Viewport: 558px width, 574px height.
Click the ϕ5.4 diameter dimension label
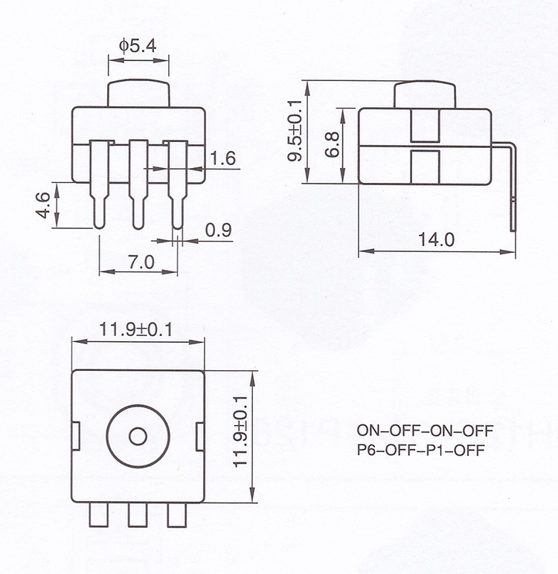point(138,46)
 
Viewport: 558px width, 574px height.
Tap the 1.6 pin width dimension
point(222,158)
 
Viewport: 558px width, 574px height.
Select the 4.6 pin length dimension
point(44,205)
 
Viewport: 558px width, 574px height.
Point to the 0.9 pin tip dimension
point(218,230)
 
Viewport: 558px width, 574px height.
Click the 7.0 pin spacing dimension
point(141,262)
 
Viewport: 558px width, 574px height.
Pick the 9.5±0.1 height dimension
point(295,131)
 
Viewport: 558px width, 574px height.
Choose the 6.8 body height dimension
point(333,144)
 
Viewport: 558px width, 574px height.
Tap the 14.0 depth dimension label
point(436,239)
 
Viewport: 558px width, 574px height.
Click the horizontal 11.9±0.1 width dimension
point(136,330)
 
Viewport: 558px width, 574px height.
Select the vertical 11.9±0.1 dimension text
point(240,431)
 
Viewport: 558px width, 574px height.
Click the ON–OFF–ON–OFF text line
point(425,430)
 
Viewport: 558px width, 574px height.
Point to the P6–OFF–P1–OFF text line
point(421,450)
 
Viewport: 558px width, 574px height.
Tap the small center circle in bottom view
point(138,436)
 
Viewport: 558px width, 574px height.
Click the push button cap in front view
point(138,93)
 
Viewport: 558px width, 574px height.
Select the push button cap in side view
point(425,94)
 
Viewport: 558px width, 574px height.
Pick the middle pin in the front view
point(138,184)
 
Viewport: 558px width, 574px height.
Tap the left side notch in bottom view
point(75,436)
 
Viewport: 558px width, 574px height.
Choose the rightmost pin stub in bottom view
point(177,515)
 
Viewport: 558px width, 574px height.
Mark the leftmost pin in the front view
point(99,184)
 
